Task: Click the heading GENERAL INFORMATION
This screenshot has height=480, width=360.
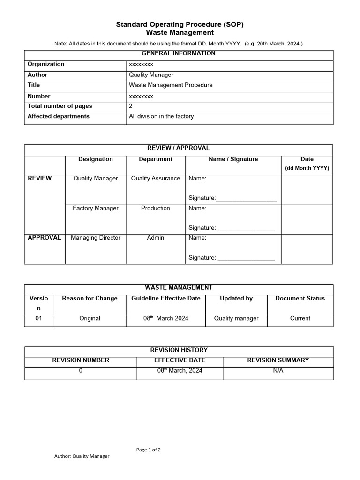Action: (179, 53)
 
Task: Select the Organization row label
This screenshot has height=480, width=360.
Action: (46, 64)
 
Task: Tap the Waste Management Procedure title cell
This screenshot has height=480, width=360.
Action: (171, 85)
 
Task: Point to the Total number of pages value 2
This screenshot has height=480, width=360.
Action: (131, 106)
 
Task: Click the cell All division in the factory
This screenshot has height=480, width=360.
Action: (161, 116)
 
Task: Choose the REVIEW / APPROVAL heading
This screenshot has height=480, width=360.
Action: (179, 148)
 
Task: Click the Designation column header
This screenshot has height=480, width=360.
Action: (96, 159)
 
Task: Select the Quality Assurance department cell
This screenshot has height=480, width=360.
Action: (156, 179)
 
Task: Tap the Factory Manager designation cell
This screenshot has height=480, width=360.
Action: (96, 208)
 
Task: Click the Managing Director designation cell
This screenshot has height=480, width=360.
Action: (96, 238)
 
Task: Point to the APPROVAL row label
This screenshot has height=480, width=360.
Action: (45, 238)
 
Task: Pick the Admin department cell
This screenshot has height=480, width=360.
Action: (156, 238)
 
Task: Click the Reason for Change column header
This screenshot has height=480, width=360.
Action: (90, 299)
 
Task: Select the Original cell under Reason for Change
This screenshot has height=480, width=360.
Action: (90, 318)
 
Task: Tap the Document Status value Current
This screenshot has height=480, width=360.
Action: (300, 318)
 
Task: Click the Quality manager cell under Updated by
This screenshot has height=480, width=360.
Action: (236, 318)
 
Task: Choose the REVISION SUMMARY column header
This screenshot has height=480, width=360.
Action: (278, 360)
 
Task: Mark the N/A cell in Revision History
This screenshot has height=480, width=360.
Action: (278, 370)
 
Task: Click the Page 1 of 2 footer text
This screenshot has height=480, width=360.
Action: (149, 450)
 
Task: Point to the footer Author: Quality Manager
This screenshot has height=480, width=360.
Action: (82, 456)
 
